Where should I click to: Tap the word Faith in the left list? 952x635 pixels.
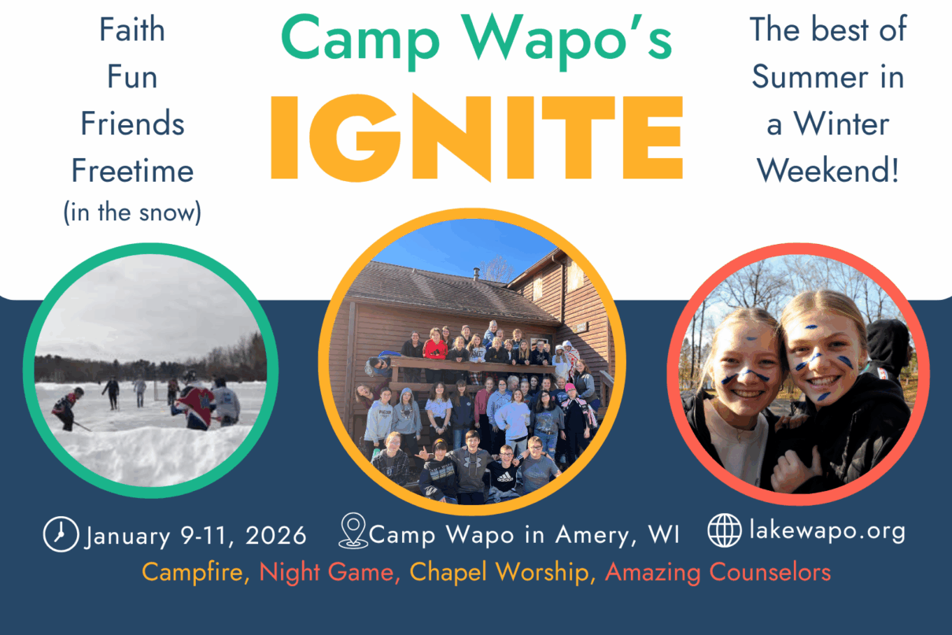[132, 30]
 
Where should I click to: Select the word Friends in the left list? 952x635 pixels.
[132, 124]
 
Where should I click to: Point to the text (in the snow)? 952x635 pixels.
[132, 212]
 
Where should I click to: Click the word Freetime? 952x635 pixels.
[132, 171]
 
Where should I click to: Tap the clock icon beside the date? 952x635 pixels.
[61, 533]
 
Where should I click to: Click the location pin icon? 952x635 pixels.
[353, 531]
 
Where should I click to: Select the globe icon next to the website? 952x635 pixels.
[725, 530]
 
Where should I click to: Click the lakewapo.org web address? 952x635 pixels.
[827, 531]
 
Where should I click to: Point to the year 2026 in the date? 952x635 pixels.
[276, 535]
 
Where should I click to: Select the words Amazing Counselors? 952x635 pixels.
[718, 572]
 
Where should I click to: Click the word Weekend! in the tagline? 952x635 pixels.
[828, 171]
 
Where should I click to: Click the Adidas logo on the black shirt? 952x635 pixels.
[505, 477]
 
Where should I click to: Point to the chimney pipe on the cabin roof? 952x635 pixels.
[477, 273]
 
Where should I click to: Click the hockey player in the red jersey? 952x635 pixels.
[195, 404]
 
